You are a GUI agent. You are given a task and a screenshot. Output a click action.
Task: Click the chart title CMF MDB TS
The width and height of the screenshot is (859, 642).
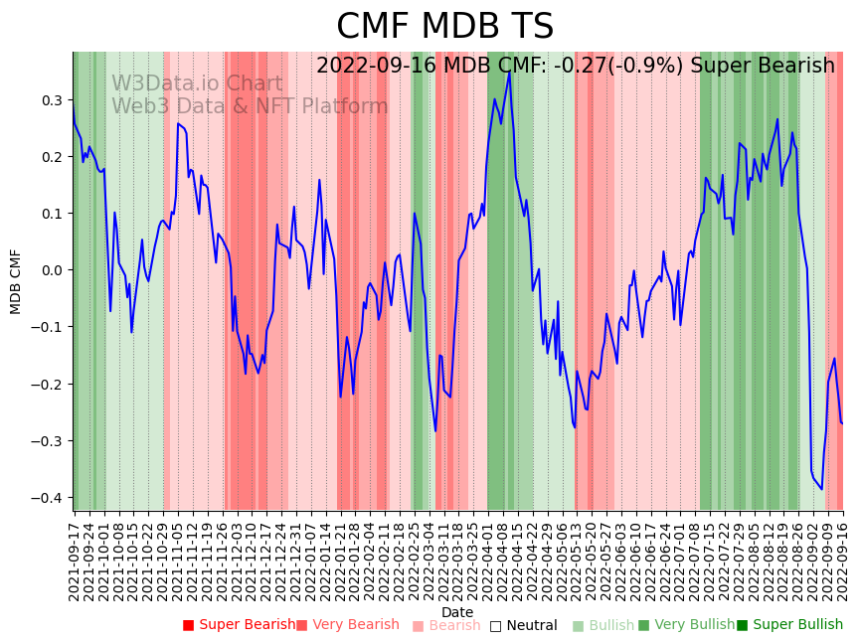point(444,27)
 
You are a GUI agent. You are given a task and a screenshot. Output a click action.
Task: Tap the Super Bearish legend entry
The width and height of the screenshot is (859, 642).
point(239,625)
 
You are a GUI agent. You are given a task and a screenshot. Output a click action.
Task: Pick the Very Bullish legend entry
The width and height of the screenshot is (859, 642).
point(686,625)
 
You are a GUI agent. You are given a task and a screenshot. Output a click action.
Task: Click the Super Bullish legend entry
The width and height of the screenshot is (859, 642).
point(789,625)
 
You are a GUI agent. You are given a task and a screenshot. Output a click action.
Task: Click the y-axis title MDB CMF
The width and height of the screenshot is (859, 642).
point(16,281)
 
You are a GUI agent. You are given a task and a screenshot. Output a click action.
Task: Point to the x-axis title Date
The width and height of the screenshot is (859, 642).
point(457,612)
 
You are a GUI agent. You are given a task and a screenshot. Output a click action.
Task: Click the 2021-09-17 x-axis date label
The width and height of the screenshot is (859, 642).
point(74,562)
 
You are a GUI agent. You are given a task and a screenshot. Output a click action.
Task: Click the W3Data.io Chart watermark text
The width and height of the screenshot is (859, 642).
point(197,84)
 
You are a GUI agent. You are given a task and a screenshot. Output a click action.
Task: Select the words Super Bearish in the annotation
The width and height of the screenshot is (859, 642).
point(763,67)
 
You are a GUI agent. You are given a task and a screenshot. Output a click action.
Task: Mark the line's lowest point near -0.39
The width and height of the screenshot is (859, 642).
point(821,489)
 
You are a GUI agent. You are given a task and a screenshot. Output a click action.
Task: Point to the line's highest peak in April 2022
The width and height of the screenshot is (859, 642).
point(509,71)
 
